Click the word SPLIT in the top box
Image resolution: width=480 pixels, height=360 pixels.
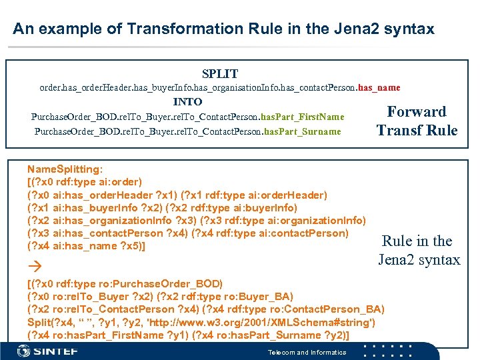(220, 73)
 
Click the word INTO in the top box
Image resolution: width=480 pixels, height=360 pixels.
(187, 102)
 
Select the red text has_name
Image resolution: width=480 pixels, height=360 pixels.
(379, 87)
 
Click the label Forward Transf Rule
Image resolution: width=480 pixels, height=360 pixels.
(417, 121)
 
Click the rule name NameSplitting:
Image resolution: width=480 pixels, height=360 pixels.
(65, 169)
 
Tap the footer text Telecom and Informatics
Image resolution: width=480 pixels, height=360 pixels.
(307, 352)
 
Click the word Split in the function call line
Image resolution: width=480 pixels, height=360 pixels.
(39, 322)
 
